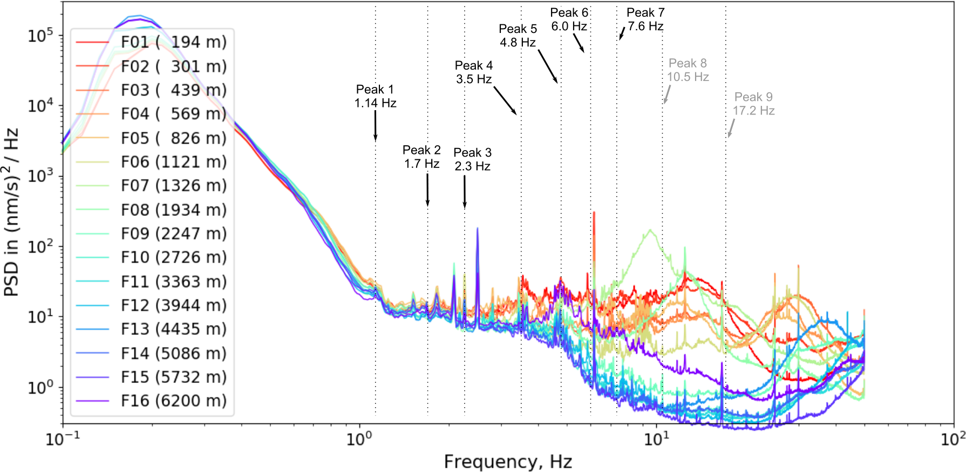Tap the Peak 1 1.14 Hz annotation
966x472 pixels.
pyautogui.click(x=375, y=96)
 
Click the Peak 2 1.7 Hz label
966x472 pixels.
pyautogui.click(x=421, y=157)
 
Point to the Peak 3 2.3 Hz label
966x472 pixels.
pyautogui.click(x=472, y=159)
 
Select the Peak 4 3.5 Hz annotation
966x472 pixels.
pyautogui.click(x=473, y=72)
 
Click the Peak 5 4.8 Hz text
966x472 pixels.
pyautogui.click(x=518, y=36)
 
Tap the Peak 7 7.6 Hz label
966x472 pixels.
pyautogui.click(x=645, y=19)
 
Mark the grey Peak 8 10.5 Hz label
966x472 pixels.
pyautogui.click(x=688, y=70)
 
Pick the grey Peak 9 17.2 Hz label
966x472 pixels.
pyautogui.click(x=753, y=104)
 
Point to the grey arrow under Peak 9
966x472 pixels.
pyautogui.click(x=731, y=129)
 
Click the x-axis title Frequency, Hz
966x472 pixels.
pyautogui.click(x=508, y=462)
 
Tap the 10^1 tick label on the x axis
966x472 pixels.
pyautogui.click(x=656, y=439)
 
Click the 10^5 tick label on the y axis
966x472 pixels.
pyautogui.click(x=41, y=36)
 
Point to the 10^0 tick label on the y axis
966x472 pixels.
pyautogui.click(x=41, y=387)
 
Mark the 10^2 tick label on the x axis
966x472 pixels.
pyautogui.click(x=953, y=439)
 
